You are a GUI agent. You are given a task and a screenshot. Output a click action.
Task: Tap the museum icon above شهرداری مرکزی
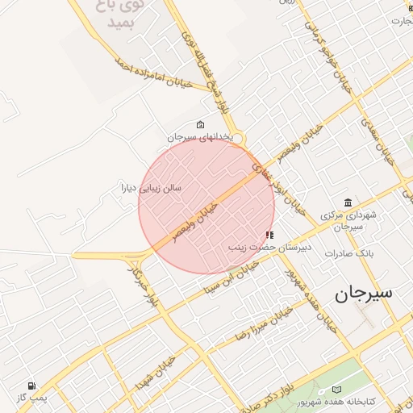[348, 202]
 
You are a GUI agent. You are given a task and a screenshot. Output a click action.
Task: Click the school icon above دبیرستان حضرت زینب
[269, 235]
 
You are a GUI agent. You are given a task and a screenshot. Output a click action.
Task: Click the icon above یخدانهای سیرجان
[200, 125]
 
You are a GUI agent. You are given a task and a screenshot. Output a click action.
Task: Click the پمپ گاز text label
[31, 398]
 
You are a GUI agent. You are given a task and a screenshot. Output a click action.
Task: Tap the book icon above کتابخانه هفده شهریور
[336, 390]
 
